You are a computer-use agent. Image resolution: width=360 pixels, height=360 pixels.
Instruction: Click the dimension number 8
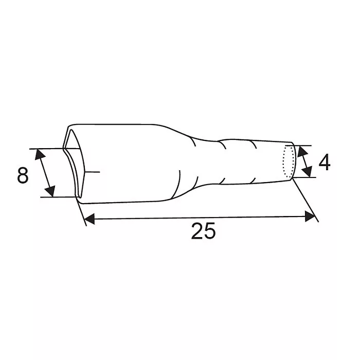pyautogui.click(x=23, y=175)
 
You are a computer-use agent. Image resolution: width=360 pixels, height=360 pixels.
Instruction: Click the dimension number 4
pyautogui.click(x=325, y=163)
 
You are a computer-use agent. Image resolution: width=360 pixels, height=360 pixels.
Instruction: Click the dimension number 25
pyautogui.click(x=204, y=231)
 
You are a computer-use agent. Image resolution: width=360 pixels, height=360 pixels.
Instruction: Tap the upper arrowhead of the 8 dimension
pyautogui.click(x=40, y=154)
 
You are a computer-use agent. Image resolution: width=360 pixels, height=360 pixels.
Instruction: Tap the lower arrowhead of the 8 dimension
pyautogui.click(x=50, y=191)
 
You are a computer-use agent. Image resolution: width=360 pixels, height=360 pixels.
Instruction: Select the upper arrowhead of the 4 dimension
pyautogui.click(x=302, y=151)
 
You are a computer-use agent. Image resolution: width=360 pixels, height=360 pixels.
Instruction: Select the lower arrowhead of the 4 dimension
pyautogui.click(x=307, y=172)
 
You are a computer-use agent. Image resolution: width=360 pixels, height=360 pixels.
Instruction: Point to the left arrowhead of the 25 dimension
pyautogui.click(x=89, y=219)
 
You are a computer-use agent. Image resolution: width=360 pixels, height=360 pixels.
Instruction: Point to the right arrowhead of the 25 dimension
pyautogui.click(x=310, y=217)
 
